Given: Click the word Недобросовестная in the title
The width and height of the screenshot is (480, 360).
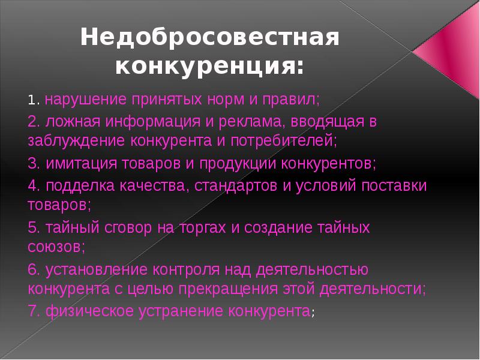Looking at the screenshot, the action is (209, 37).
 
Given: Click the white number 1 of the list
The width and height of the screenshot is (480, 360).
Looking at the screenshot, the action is (31, 100).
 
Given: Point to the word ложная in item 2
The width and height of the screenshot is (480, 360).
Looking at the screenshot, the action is (73, 122).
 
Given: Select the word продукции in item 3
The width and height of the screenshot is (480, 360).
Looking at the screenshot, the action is (238, 163).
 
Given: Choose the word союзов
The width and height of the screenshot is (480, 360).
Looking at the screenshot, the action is (54, 247).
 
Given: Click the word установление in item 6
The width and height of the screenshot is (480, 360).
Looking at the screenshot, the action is (96, 269).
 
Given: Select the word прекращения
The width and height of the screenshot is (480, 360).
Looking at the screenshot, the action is (228, 289).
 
